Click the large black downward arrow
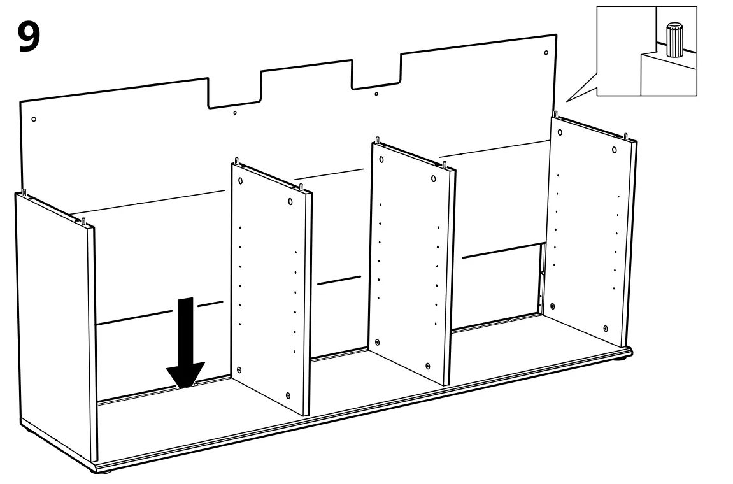185,344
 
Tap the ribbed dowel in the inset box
673,41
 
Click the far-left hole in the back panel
34,119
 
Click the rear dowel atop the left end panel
24,191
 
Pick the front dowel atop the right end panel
627,136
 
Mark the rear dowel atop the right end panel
555,115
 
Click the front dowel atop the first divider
301,187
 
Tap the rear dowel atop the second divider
378,139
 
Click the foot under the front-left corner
103,472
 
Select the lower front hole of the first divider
288,395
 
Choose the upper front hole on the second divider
434,178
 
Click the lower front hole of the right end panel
605,328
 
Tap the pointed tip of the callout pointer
567,101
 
